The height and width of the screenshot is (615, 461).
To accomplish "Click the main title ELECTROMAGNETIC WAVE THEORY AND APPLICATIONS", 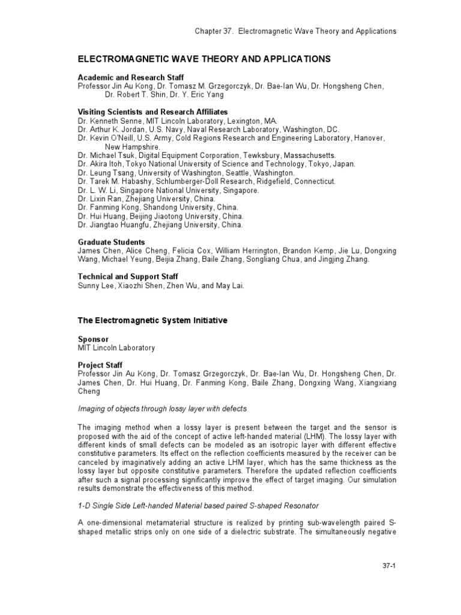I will point(204,59).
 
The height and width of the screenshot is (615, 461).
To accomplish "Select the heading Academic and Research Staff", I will point(131,77).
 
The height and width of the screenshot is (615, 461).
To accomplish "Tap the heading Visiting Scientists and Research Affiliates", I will point(152,112).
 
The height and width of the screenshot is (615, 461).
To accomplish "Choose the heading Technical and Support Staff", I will point(128,276).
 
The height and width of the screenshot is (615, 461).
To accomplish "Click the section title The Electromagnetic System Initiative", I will point(152,321).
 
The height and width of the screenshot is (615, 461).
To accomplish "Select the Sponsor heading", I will point(93,339).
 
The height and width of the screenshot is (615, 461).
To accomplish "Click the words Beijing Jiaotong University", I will point(179,216).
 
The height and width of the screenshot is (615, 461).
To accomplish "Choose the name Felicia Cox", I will point(193,250).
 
